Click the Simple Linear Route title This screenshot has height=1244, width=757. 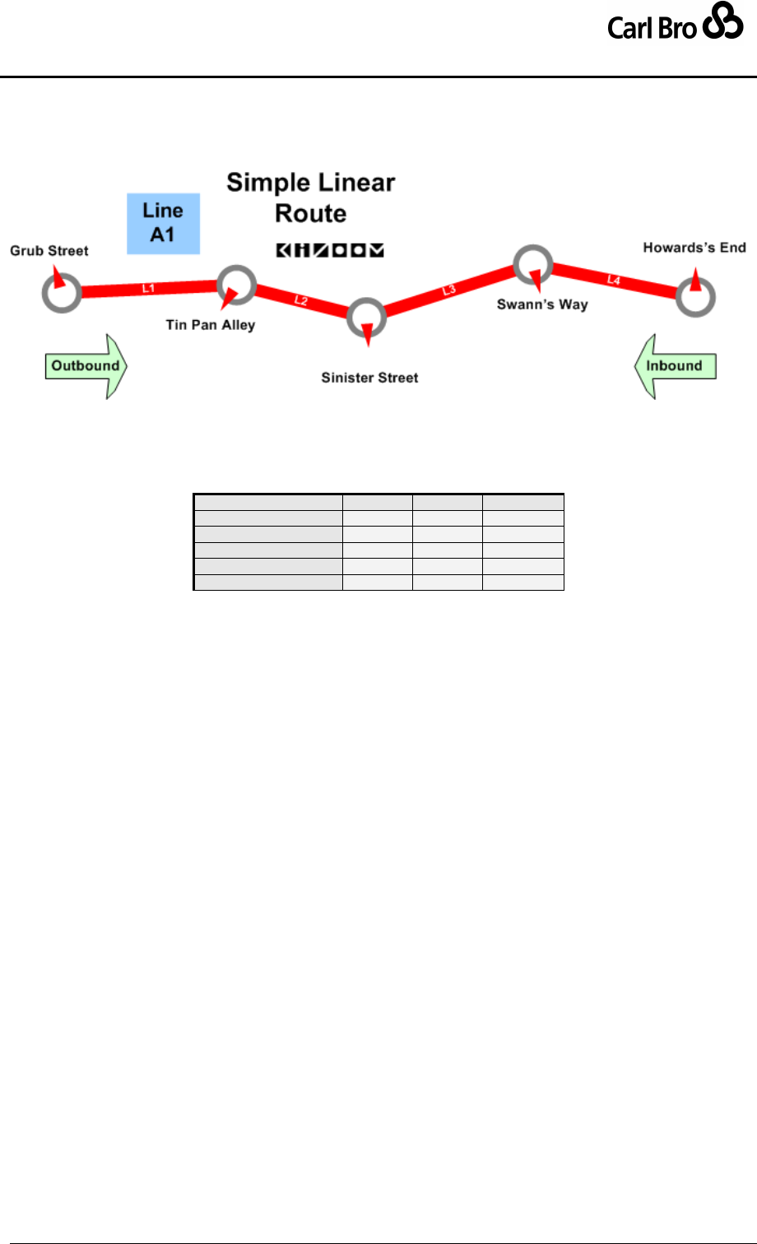311,197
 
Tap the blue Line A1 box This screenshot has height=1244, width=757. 163,223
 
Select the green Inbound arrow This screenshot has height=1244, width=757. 675,366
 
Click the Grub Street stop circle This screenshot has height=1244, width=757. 61,291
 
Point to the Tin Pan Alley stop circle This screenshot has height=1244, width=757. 236,285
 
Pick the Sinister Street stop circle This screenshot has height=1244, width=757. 366,317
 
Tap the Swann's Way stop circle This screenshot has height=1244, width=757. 533,263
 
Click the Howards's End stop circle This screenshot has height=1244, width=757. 695,297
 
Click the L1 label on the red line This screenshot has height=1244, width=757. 148,288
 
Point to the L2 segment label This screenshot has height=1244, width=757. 300,300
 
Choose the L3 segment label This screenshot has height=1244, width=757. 448,290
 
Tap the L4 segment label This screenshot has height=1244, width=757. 613,281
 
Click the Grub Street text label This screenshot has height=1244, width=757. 49,251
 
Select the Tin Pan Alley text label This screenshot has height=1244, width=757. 211,325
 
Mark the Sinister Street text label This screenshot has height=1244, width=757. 369,378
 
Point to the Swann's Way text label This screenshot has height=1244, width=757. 542,304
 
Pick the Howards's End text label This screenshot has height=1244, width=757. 694,248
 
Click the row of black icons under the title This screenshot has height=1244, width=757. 330,250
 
